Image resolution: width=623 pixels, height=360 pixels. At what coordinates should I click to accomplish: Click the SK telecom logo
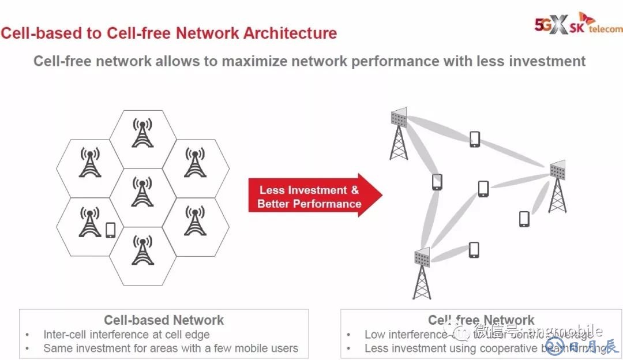pyautogui.click(x=578, y=24)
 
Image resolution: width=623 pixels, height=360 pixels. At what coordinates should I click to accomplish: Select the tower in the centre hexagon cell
pyautogui.click(x=142, y=192)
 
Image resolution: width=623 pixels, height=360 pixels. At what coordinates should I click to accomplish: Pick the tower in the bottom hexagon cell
pyautogui.click(x=142, y=250)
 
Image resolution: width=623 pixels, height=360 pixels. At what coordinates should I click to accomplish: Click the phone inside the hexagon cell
pyautogui.click(x=111, y=230)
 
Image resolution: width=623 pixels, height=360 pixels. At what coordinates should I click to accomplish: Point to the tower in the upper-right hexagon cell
pyautogui.click(x=195, y=163)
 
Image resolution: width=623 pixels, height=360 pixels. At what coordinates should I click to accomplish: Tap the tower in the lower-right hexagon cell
pyautogui.click(x=195, y=221)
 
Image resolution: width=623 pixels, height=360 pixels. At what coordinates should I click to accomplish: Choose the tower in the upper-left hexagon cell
pyautogui.click(x=89, y=163)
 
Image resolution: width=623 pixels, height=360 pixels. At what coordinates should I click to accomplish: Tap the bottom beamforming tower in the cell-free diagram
pyautogui.click(x=422, y=273)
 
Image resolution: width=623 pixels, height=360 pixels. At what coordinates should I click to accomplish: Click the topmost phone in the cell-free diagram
pyautogui.click(x=474, y=139)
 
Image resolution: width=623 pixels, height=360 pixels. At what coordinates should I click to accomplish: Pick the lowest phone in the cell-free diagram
pyautogui.click(x=474, y=249)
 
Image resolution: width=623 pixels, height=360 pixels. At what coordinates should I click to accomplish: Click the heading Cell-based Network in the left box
pyautogui.click(x=164, y=320)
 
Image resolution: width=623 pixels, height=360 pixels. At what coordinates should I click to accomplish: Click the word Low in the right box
pyautogui.click(x=376, y=335)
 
